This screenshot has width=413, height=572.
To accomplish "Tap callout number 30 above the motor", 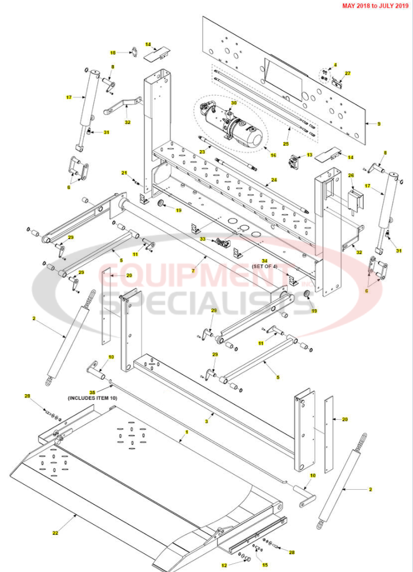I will [234, 103].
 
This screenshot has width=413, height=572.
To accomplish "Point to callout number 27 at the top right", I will [348, 73].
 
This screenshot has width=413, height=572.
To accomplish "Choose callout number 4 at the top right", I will [335, 65].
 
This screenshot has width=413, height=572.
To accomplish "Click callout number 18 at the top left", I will [113, 53].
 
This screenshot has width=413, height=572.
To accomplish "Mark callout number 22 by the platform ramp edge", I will [56, 533].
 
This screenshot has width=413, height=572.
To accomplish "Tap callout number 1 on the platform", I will [187, 431].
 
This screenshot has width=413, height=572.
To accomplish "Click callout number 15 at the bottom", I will [265, 565].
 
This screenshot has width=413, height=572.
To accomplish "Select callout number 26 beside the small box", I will [351, 176].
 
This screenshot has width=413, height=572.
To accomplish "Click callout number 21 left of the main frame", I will [125, 173].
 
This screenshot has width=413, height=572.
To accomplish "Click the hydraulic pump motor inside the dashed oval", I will [233, 127].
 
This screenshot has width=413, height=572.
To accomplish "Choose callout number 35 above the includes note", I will [93, 391].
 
